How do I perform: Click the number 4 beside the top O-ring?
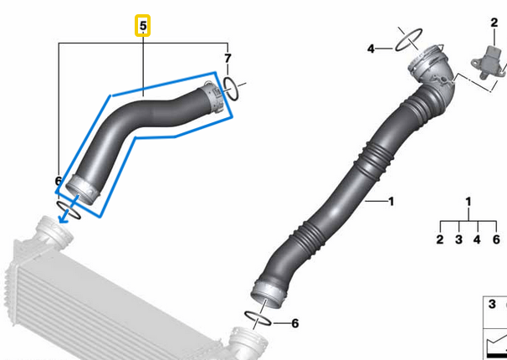click(x=371, y=49)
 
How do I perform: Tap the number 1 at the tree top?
click(x=469, y=202)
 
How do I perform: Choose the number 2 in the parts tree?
click(x=439, y=240)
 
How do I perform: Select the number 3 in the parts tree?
click(x=458, y=240)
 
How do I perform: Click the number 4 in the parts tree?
click(x=477, y=240)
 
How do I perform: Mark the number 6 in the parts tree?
click(x=496, y=240)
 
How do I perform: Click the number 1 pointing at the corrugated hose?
click(x=390, y=202)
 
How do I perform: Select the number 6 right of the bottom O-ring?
click(x=294, y=323)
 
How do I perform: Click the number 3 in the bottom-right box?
click(x=491, y=309)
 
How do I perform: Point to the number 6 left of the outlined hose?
click(x=58, y=181)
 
